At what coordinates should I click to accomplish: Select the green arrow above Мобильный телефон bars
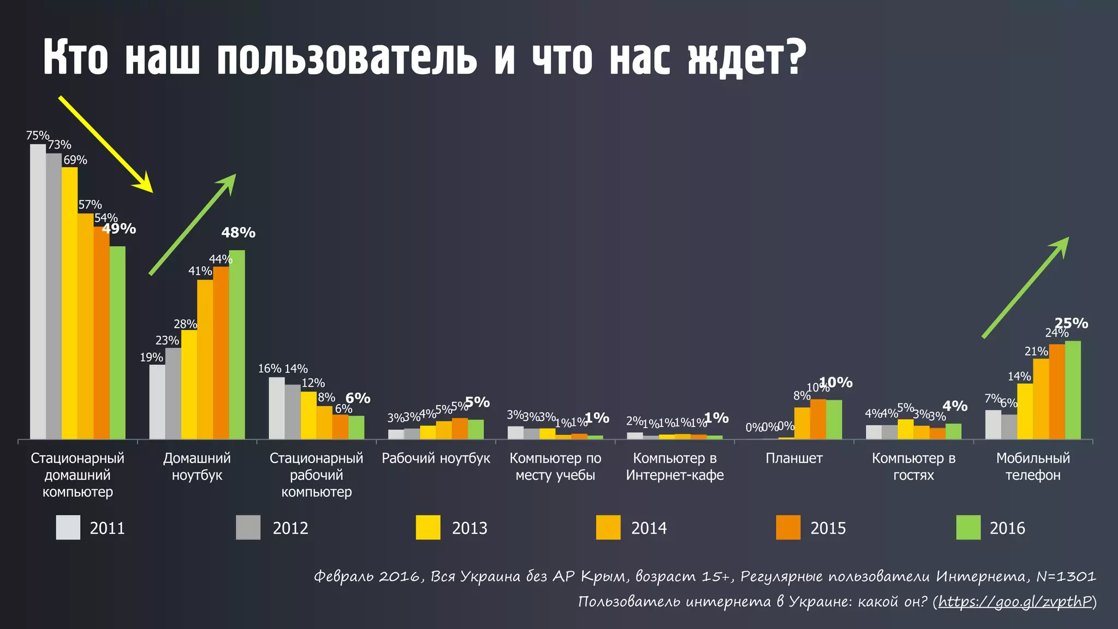point(1025,288)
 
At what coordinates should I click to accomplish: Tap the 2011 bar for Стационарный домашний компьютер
point(38,292)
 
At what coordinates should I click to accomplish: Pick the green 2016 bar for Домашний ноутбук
point(237,345)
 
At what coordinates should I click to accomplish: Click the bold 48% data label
point(238,233)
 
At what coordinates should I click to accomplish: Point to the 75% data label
point(37,135)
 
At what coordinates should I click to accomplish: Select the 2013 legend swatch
point(428,527)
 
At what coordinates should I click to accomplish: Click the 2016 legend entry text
point(1007,528)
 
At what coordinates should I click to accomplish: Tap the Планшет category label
point(794,458)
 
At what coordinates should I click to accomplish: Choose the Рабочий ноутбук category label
point(436,458)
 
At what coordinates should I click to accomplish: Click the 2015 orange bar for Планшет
point(818,419)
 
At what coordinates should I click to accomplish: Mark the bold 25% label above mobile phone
point(1071,323)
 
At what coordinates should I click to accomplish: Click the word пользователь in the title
point(347,58)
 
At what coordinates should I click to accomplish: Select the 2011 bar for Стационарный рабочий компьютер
point(277,408)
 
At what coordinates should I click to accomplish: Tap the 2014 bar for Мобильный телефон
point(1041,399)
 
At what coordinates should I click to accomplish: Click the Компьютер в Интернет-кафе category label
point(675,466)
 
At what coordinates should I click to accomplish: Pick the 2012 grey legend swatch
point(248,527)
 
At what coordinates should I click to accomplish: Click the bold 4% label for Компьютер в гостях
point(955,406)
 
